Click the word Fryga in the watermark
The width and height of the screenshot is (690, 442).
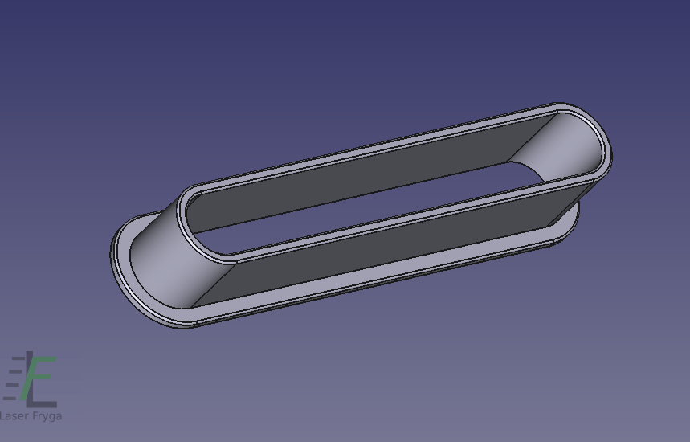point(47,416)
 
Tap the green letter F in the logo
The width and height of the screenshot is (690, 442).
point(38,378)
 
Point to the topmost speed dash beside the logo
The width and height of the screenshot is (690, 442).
point(18,358)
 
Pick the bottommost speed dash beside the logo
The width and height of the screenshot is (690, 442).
point(10,399)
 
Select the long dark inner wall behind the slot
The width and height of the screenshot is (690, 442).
point(352,176)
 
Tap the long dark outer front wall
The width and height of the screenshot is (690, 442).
point(387,247)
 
